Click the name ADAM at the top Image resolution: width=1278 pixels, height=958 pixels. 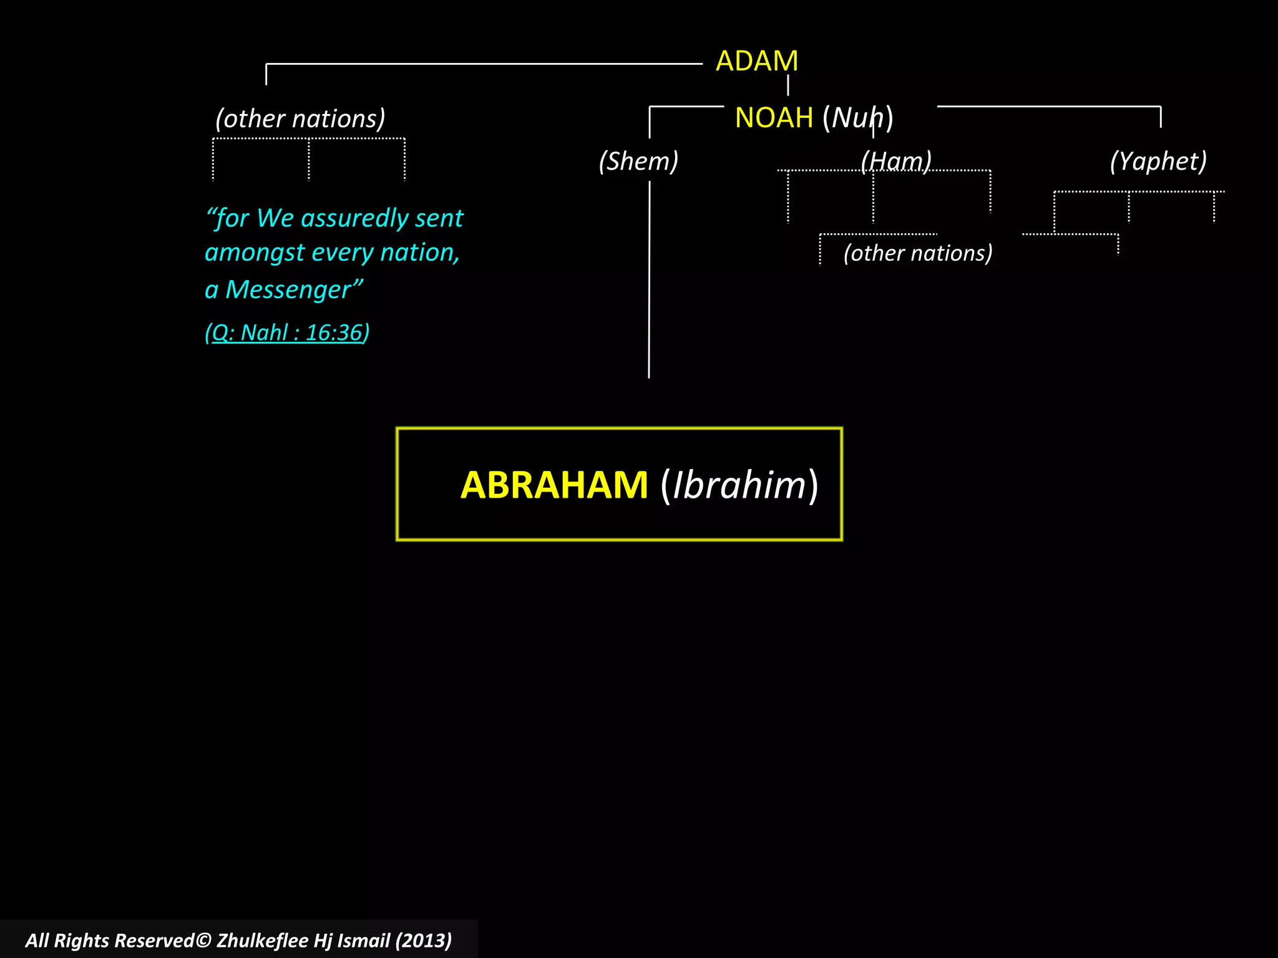click(756, 61)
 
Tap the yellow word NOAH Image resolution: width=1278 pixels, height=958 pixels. click(774, 117)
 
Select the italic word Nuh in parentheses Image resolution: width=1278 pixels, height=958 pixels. click(857, 117)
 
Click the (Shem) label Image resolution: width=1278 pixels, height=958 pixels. click(638, 161)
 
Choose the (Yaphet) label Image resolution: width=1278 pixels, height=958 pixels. click(1158, 161)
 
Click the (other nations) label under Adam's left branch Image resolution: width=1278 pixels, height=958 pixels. click(300, 119)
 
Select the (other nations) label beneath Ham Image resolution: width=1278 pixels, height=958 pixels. click(918, 253)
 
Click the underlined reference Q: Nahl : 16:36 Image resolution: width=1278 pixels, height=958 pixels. click(287, 332)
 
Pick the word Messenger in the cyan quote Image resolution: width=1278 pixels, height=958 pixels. click(288, 290)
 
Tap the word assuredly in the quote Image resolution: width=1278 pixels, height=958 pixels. click(350, 218)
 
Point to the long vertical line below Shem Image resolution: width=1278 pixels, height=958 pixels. click(649, 281)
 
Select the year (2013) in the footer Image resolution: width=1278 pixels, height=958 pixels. click(423, 941)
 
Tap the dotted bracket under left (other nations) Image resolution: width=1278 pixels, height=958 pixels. click(309, 139)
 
